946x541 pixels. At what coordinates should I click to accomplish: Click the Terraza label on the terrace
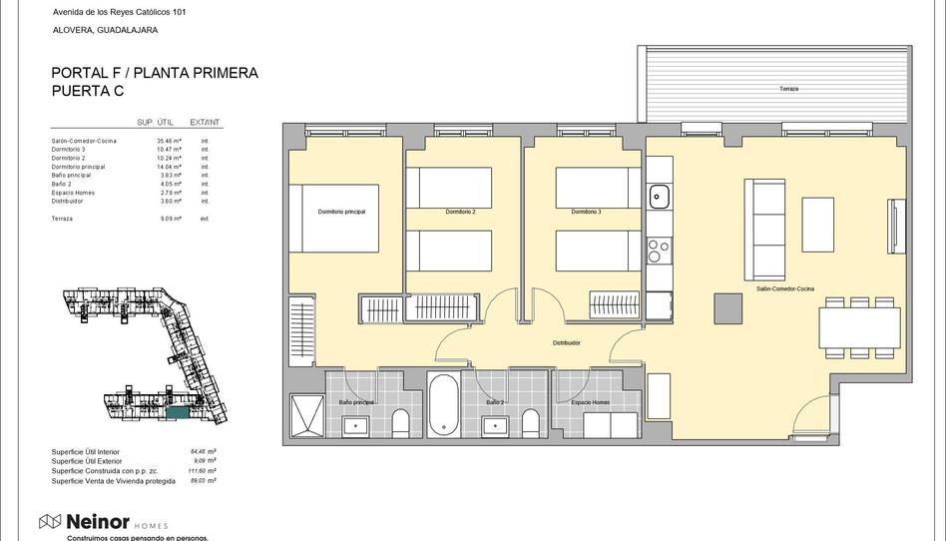click(788, 89)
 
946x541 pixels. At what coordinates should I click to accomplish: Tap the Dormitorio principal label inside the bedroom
click(341, 212)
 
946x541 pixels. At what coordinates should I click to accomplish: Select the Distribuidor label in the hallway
click(567, 342)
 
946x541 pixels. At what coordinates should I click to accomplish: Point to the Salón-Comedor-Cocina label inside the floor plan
click(784, 288)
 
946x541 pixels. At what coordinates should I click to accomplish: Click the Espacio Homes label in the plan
click(591, 402)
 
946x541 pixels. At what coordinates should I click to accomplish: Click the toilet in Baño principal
click(401, 424)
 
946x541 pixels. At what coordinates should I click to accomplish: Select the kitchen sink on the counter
click(659, 197)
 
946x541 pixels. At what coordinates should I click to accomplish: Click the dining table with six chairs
click(857, 325)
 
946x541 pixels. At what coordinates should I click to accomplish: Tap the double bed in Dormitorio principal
click(334, 218)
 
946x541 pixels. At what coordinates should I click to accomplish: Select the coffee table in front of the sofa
click(817, 225)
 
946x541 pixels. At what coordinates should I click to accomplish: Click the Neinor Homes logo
click(103, 522)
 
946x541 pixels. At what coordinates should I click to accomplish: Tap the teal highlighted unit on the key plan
click(177, 411)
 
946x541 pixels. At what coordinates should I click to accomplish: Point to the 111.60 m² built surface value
click(203, 470)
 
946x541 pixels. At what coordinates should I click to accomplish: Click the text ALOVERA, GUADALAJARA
click(105, 30)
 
